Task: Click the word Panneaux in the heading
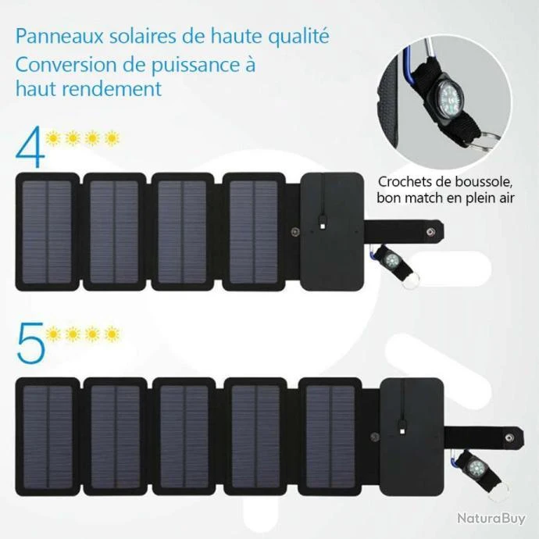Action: pos(59,36)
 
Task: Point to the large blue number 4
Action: pos(30,146)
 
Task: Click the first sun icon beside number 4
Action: pos(53,138)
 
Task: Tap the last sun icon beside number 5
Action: pos(112,334)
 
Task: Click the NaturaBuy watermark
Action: pos(491,519)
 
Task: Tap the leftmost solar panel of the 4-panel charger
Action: pos(47,232)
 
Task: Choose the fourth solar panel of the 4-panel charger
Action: pos(254,232)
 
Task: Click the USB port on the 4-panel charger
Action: pos(323,227)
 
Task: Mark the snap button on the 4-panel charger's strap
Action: pos(430,232)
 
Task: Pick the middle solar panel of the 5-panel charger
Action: pos(184,437)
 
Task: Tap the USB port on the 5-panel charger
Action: pos(402,430)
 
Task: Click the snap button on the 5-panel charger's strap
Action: pos(509,437)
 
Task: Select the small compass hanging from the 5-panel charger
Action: pos(477,467)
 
